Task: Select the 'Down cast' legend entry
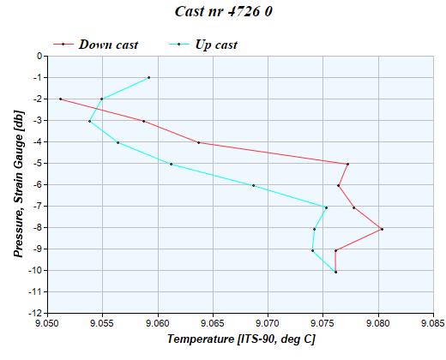107,44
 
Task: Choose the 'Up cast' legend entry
215,44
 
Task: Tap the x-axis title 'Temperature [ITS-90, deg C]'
240,339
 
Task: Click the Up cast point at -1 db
148,77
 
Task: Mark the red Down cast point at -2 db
60,99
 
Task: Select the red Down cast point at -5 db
347,164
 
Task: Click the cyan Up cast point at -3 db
89,121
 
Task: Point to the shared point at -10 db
335,272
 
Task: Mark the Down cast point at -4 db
198,142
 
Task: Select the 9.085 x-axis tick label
433,324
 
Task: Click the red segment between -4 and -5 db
273,153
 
